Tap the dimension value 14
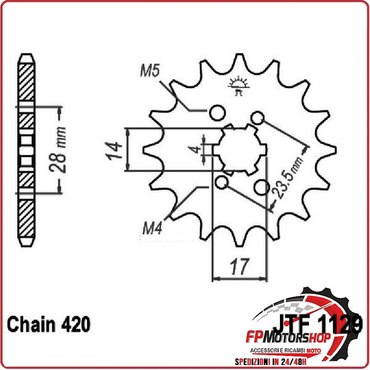point(112,150)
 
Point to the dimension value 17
point(239,267)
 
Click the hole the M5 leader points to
point(216,113)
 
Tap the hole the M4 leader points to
point(222,183)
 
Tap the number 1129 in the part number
point(341,325)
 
